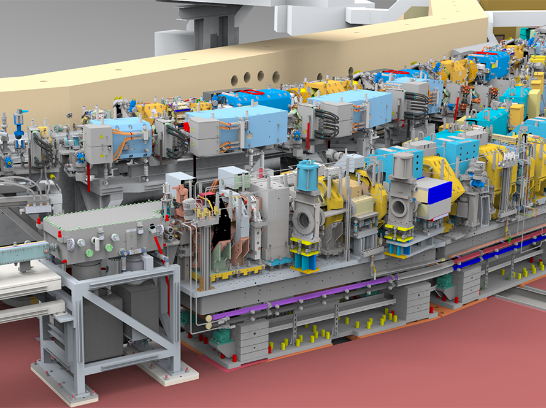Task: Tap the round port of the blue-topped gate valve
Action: tap(304, 218)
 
